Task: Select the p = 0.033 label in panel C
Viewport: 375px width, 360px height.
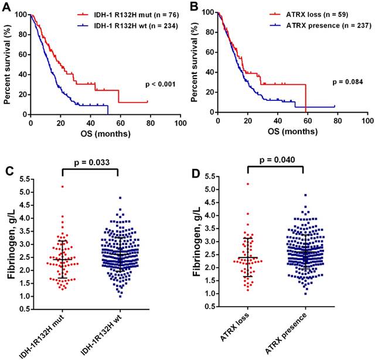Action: pyautogui.click(x=91, y=159)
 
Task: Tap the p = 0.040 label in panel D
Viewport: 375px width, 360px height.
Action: pyautogui.click(x=275, y=160)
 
